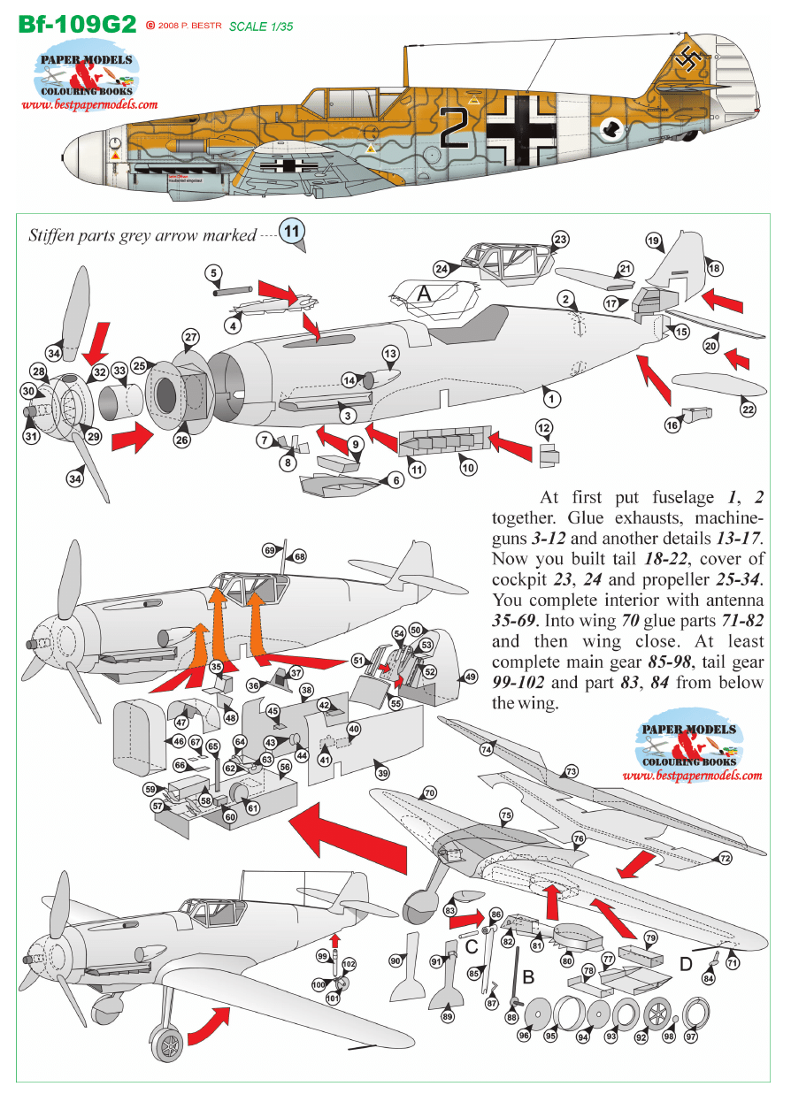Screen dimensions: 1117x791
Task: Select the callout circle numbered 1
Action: pos(552,399)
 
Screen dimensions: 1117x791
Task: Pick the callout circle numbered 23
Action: pos(560,240)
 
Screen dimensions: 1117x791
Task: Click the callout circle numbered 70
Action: pos(429,793)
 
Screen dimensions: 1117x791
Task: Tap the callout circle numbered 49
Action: pos(470,677)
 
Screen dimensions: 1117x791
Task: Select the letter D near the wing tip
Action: pos(686,964)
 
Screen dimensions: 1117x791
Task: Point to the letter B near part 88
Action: pos(529,977)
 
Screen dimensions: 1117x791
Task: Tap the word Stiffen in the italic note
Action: pos(51,236)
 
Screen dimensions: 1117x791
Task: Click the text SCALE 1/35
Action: pos(260,27)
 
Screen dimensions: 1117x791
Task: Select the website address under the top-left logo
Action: pos(89,104)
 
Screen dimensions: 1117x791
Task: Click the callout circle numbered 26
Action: pos(182,439)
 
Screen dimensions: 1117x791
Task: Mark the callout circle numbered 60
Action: pos(230,817)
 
